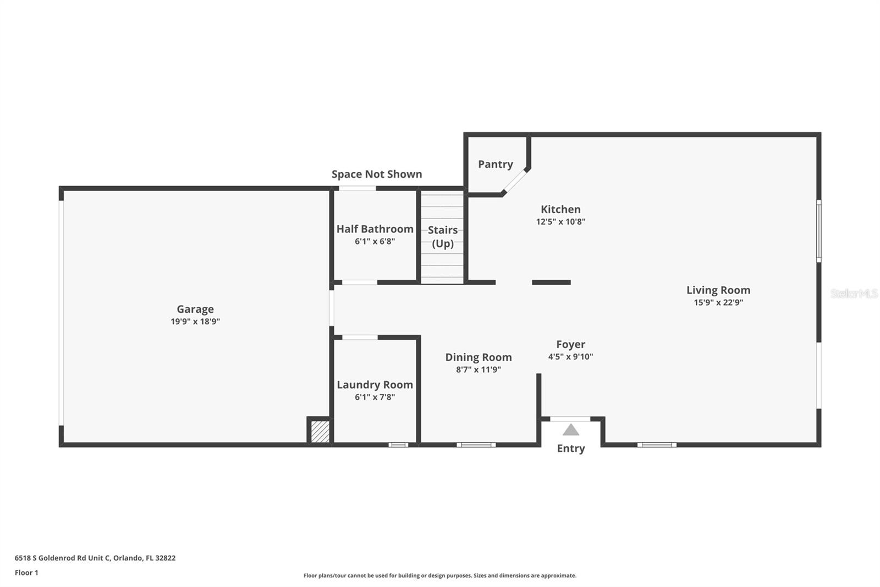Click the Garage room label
click(x=195, y=309)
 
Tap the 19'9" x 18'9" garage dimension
click(x=195, y=322)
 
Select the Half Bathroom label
click(x=375, y=229)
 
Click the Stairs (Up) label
click(x=443, y=237)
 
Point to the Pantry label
click(x=495, y=164)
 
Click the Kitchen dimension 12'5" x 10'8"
click(x=560, y=222)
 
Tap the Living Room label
click(x=718, y=290)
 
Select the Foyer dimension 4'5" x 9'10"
click(x=570, y=357)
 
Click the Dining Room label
click(x=478, y=357)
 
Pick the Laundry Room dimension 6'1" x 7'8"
click(x=375, y=397)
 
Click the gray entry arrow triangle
click(x=571, y=430)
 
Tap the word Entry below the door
click(x=571, y=448)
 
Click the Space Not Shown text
click(x=377, y=174)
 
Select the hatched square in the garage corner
click(x=320, y=431)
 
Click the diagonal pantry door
click(x=516, y=181)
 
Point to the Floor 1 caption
click(x=26, y=573)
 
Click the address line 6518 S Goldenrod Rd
click(x=95, y=558)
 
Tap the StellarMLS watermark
click(x=854, y=293)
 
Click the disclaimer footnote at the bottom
click(x=440, y=575)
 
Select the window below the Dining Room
click(x=476, y=444)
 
